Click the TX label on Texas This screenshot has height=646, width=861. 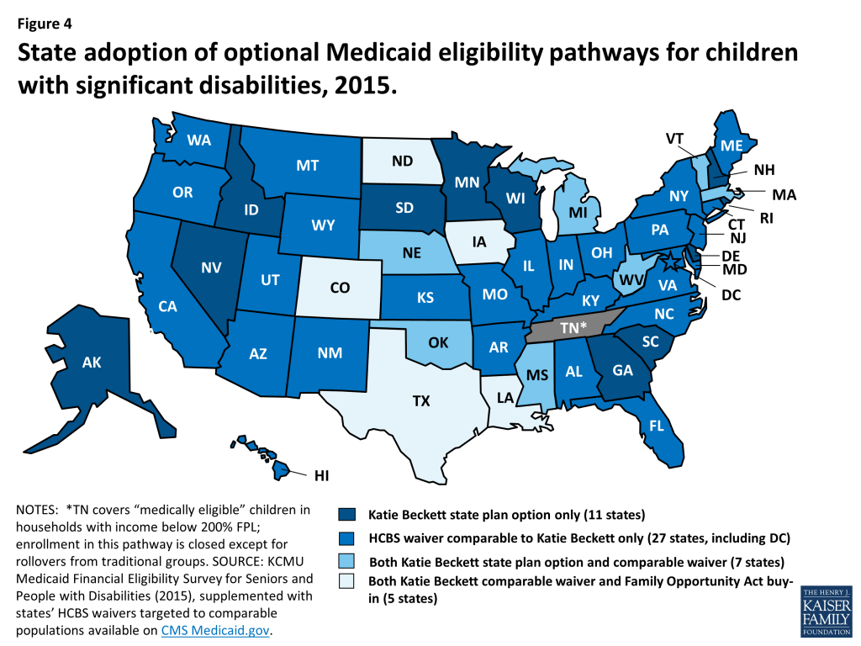421,401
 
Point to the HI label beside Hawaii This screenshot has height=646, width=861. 321,475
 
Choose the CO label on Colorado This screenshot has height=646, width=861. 340,288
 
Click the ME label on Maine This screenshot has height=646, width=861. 731,145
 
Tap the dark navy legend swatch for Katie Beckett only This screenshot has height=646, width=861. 347,514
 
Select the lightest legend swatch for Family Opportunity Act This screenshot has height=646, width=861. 347,582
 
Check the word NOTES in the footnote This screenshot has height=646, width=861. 37,510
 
